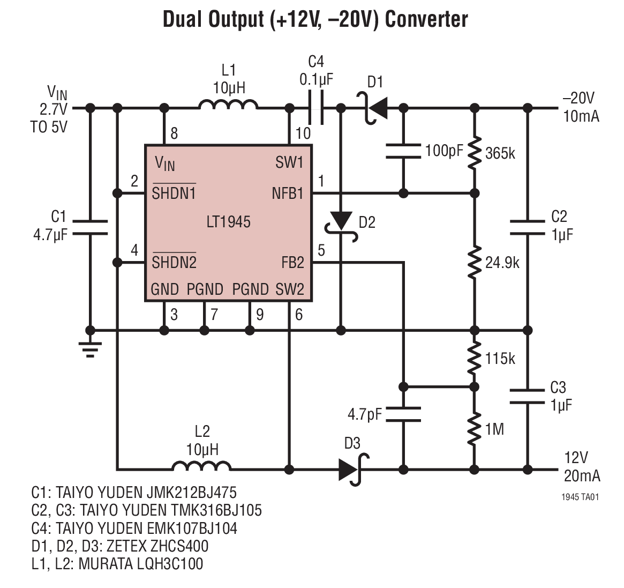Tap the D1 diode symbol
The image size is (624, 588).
pos(377,109)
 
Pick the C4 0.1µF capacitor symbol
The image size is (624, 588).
pos(316,108)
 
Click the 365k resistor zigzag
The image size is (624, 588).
pos(473,153)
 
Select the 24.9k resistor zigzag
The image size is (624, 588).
pos(473,262)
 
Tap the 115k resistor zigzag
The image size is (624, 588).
pos(473,359)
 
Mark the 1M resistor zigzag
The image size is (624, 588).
pos(473,429)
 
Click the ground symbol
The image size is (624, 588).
pos(90,348)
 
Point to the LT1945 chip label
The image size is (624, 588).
pos(228,222)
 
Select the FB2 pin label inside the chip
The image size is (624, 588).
pos(292,263)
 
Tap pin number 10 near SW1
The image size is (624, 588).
pos(303,133)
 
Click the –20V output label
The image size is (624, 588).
pos(578,99)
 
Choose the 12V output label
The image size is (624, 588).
pos(576,458)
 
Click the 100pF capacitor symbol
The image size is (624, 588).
pos(403,151)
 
